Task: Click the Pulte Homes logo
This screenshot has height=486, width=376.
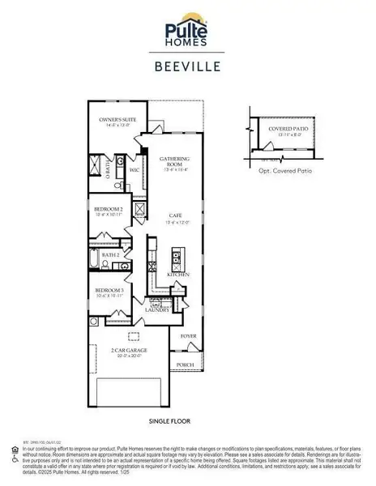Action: coord(187,31)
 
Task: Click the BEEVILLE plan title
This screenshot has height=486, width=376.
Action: coord(187,69)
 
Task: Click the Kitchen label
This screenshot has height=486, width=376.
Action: coord(178,275)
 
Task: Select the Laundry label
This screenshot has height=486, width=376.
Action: coord(156,310)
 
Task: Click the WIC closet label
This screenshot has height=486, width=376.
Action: coord(135,172)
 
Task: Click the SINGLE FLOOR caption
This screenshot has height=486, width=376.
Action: coord(169,422)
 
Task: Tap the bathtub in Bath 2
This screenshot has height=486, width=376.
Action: coord(95,261)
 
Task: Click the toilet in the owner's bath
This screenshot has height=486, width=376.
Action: coord(117,185)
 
